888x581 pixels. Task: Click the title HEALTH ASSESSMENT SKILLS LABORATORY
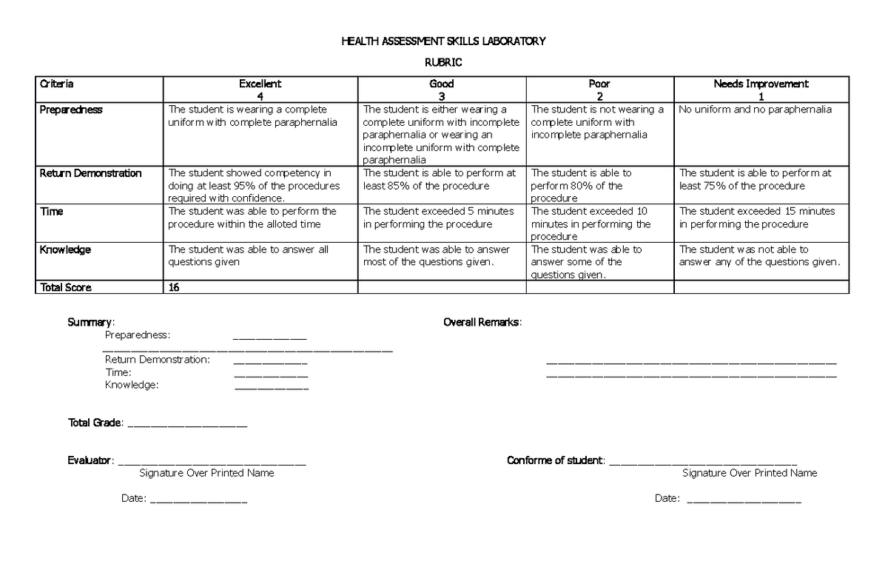443,41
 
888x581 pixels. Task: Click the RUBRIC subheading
443,63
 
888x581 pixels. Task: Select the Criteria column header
56,84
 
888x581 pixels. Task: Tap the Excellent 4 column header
260,90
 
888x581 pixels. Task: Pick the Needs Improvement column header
761,90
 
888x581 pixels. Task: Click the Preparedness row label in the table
71,110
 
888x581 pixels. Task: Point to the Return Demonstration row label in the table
90,173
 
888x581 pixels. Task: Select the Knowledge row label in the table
65,250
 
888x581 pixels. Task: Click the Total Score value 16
174,287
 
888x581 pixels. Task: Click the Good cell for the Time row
441,218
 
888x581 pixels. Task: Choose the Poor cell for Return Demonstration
599,186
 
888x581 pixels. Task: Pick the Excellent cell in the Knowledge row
260,255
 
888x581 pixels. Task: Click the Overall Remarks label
482,322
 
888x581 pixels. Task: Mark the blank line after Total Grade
188,425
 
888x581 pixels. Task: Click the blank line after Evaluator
212,463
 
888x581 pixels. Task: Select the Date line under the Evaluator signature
198,501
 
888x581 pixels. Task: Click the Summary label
90,322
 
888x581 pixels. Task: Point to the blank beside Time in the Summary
271,375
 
